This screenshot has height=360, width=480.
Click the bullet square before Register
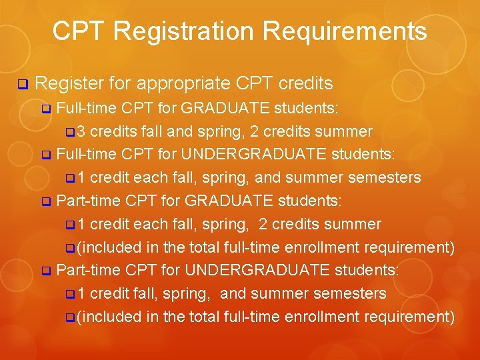pos(22,85)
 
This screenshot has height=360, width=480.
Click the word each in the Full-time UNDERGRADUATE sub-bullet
pos(150,178)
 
